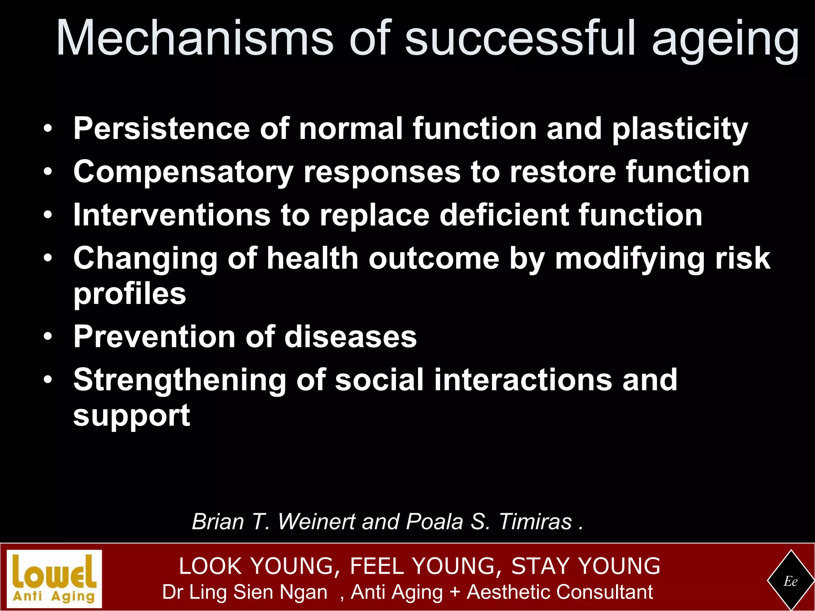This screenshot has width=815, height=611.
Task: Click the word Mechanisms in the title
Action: tap(195, 38)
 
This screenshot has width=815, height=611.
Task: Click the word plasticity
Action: tap(680, 130)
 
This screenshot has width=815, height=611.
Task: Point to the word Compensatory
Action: tap(183, 172)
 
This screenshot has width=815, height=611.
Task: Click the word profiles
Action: tap(130, 294)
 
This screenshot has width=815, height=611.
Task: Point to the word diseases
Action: tap(351, 337)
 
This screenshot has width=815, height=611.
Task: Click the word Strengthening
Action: tap(179, 381)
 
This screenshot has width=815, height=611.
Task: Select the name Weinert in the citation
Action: tap(316, 521)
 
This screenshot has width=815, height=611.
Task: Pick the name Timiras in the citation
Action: tap(535, 521)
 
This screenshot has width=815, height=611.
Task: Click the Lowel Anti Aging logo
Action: tap(55, 578)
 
